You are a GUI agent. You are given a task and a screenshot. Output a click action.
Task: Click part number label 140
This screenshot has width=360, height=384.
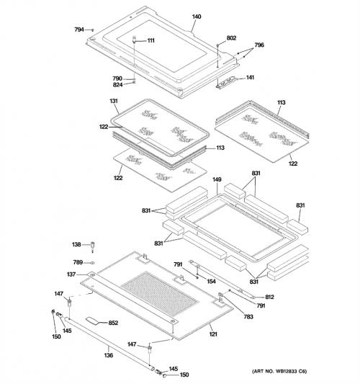(x=197, y=17)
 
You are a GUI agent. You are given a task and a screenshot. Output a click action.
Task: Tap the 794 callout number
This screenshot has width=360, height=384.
(x=79, y=30)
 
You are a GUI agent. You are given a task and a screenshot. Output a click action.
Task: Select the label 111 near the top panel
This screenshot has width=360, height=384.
(x=150, y=40)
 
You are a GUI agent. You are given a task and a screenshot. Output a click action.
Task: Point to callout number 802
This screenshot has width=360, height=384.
(x=231, y=38)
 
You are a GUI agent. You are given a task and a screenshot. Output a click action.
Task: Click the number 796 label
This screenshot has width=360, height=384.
(x=259, y=45)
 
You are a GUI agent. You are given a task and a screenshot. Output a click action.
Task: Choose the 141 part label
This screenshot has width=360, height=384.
(x=250, y=77)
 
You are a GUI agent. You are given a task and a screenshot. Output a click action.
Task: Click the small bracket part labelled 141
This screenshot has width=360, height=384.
(x=226, y=83)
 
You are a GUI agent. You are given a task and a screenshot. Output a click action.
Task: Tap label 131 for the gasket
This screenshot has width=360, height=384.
(x=114, y=101)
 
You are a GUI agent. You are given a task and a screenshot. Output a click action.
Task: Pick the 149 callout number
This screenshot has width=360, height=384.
(x=217, y=179)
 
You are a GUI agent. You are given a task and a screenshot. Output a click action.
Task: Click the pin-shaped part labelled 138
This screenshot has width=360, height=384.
(x=92, y=247)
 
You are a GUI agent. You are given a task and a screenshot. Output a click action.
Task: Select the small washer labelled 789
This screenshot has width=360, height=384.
(x=92, y=263)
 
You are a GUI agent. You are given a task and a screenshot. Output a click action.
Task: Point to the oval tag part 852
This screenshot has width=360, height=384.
(x=92, y=321)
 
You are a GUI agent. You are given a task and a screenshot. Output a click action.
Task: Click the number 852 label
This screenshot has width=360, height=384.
(x=113, y=323)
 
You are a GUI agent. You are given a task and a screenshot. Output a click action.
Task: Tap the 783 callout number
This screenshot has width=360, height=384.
(x=248, y=317)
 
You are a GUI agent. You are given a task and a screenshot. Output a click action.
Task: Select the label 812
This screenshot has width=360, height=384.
(x=269, y=297)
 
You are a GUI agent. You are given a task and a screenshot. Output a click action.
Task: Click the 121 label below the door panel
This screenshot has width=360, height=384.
(x=213, y=334)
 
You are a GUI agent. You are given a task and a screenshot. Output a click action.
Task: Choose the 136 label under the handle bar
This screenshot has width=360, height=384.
(x=109, y=355)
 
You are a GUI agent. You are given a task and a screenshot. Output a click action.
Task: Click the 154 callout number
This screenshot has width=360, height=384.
(x=211, y=282)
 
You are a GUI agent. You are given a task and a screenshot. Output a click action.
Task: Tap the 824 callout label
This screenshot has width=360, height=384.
(x=117, y=85)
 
